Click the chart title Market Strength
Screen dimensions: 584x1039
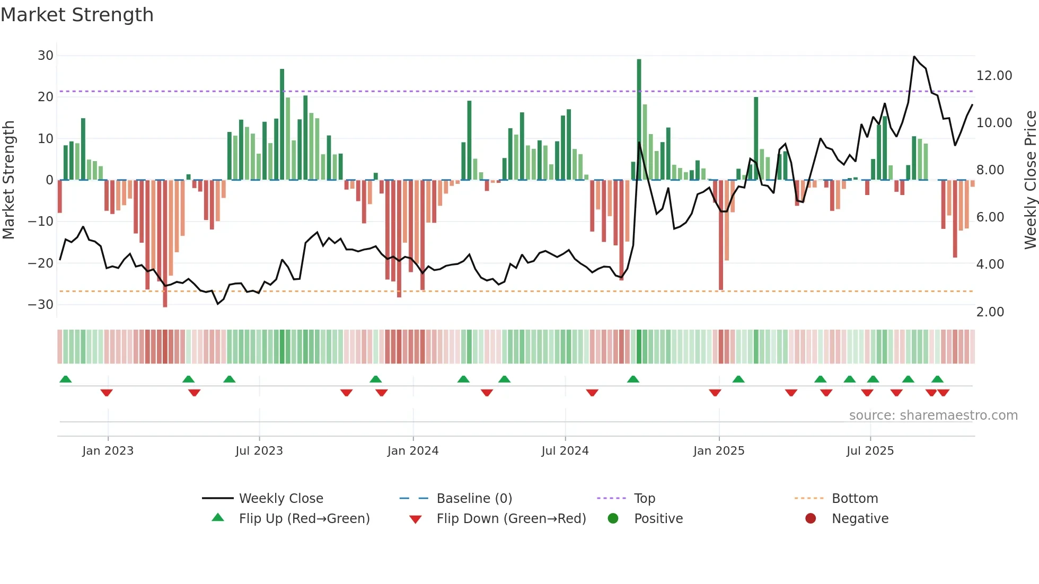click(x=77, y=15)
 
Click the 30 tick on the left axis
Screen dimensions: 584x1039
click(x=46, y=56)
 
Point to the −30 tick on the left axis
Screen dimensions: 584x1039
click(x=41, y=305)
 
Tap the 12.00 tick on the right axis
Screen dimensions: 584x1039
click(x=994, y=76)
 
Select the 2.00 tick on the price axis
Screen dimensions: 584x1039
click(x=990, y=312)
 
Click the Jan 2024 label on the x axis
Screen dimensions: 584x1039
click(x=412, y=451)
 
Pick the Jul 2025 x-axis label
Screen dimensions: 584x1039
click(x=869, y=451)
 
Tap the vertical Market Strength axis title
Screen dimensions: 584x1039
click(x=8, y=180)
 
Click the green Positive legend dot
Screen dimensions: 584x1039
click(x=613, y=519)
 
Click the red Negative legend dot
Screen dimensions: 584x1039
click(x=811, y=519)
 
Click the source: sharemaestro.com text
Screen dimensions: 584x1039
click(x=933, y=415)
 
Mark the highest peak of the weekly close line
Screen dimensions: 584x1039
click(x=914, y=56)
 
